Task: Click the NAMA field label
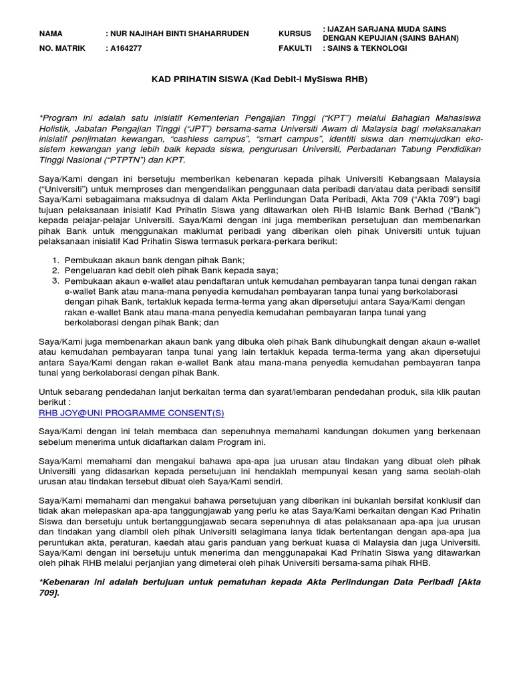(51, 33)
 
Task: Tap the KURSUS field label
(295, 33)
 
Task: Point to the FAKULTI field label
(295, 49)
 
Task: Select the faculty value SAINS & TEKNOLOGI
(367, 49)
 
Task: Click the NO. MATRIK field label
(62, 49)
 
